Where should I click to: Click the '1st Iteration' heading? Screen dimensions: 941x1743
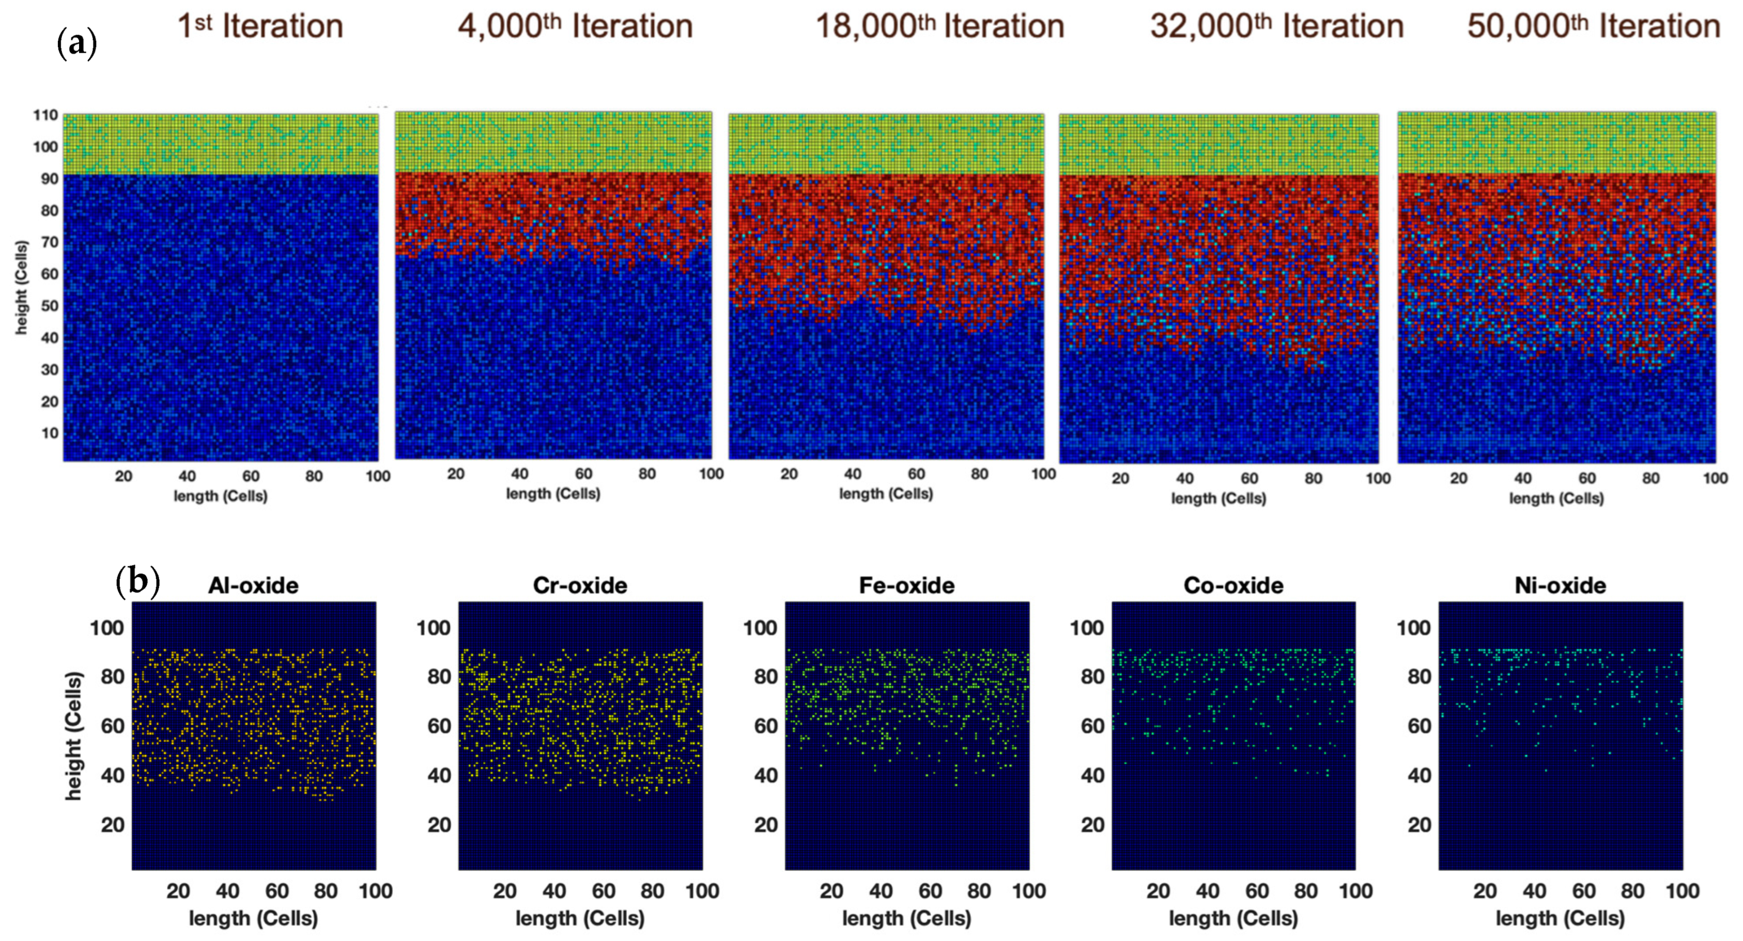(x=260, y=26)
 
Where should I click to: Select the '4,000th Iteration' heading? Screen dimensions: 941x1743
(x=576, y=26)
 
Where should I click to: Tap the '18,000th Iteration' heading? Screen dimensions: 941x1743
(x=940, y=26)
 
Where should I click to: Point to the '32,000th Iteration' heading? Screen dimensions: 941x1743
(x=1277, y=26)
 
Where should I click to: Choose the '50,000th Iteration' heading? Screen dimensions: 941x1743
(x=1594, y=26)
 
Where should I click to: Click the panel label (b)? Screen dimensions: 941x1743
(x=137, y=581)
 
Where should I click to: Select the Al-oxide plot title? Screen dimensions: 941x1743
(x=253, y=585)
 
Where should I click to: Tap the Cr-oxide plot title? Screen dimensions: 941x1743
(x=580, y=585)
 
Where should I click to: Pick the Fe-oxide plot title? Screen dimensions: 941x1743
(x=907, y=585)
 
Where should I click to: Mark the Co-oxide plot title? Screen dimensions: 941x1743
(x=1233, y=585)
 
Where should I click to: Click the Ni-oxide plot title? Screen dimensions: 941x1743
(x=1560, y=585)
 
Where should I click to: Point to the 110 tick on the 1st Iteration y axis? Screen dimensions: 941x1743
(x=45, y=115)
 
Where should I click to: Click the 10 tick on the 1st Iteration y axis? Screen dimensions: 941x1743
(x=50, y=433)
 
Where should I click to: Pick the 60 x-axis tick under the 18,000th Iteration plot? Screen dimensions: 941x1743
(x=916, y=474)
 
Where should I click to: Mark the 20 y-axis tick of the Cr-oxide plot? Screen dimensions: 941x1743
(x=439, y=825)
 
